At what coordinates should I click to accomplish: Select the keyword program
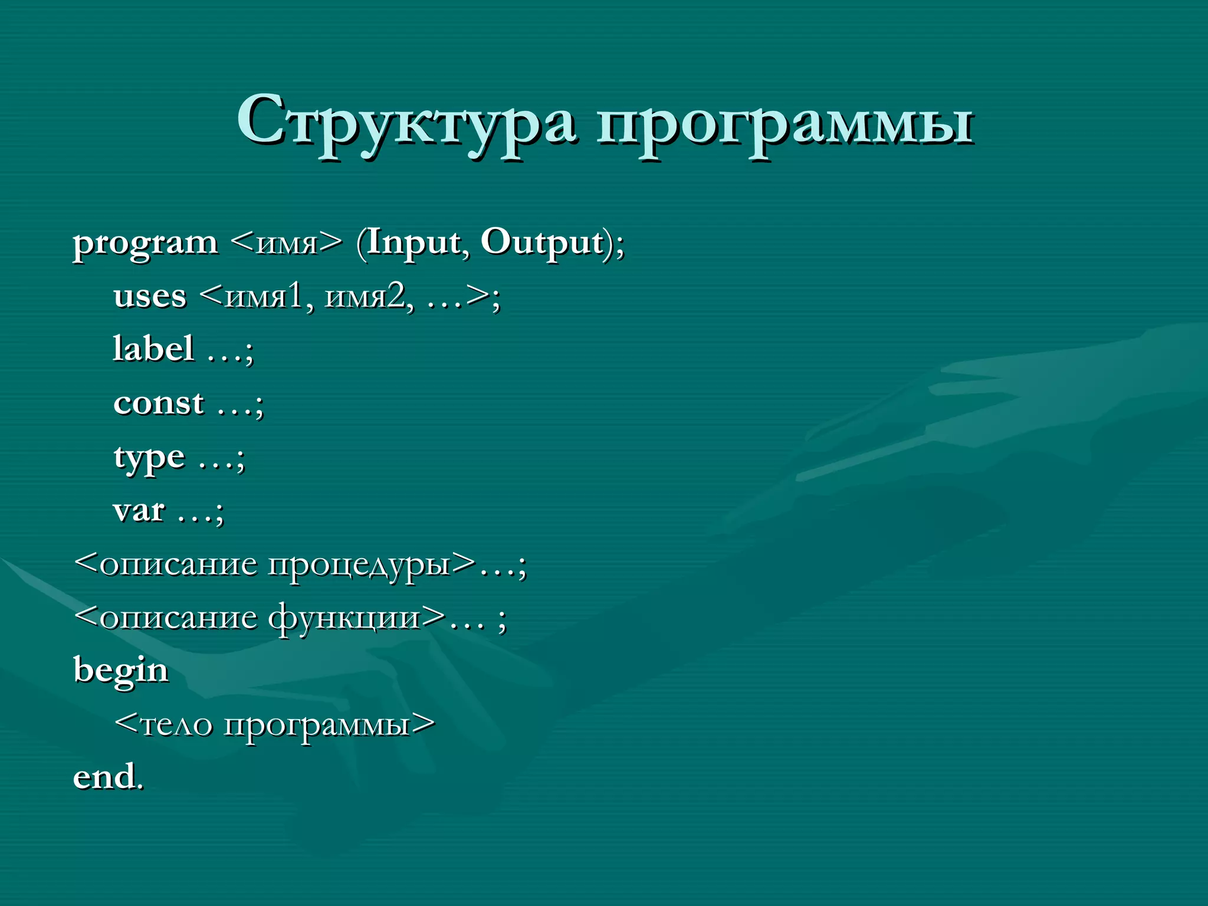pyautogui.click(x=145, y=243)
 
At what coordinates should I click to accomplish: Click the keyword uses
pyautogui.click(x=150, y=296)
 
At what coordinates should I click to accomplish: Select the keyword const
pyautogui.click(x=159, y=403)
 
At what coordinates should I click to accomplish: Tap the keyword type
pyautogui.click(x=149, y=458)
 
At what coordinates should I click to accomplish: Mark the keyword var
pyautogui.click(x=139, y=511)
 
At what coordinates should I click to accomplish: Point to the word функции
pyautogui.click(x=344, y=618)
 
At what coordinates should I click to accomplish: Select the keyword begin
pyautogui.click(x=121, y=671)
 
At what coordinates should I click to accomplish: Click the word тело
pyautogui.click(x=176, y=724)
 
